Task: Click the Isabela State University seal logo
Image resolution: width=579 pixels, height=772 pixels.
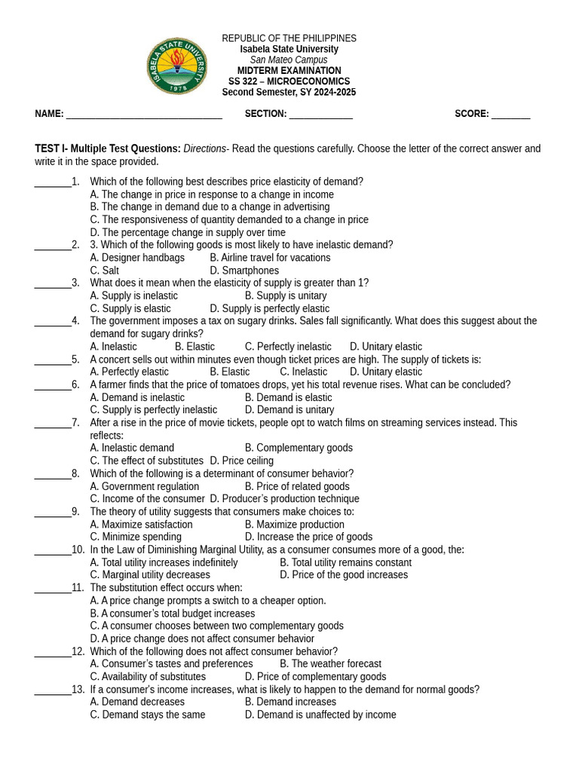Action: pos(177,66)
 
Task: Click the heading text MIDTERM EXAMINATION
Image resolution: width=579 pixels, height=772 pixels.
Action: pos(289,71)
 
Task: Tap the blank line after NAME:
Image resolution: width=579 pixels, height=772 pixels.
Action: pos(144,115)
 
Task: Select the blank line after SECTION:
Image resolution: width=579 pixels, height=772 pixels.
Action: pos(320,115)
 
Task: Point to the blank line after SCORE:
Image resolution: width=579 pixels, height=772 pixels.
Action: pos(511,115)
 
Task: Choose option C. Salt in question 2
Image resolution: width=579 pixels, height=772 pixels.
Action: pos(104,271)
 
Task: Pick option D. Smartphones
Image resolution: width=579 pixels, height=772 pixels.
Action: pos(244,271)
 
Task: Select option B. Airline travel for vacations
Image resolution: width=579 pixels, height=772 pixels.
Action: pos(270,258)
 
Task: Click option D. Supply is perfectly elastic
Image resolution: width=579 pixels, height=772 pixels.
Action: pos(270,308)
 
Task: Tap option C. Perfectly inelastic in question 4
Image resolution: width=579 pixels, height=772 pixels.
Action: pos(288,347)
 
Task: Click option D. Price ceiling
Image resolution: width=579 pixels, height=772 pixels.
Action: pos(241,461)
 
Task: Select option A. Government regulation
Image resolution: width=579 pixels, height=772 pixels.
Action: pos(145,486)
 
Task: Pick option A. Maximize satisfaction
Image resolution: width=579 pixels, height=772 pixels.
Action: pos(141,525)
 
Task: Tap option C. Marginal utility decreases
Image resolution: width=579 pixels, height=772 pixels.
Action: pos(150,575)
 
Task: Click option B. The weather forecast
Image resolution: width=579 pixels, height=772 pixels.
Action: pos(330,664)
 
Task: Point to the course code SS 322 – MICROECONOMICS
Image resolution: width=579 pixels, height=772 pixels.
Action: pos(289,81)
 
